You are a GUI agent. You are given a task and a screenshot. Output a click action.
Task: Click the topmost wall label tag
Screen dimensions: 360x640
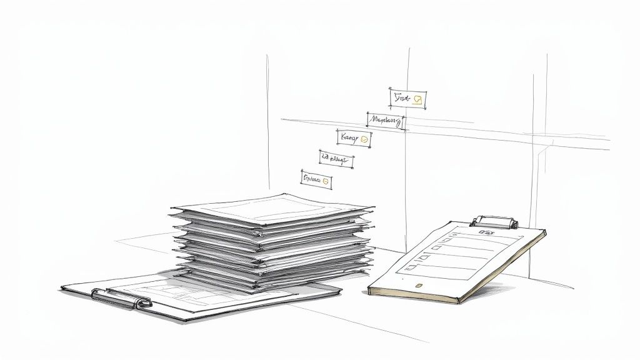click(x=409, y=99)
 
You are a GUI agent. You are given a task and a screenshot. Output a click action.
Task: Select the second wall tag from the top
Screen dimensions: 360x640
click(x=385, y=120)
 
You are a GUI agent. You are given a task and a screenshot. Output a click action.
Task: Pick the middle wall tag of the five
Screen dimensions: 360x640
click(x=354, y=139)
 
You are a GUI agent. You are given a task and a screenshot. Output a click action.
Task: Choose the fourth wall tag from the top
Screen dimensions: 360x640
click(x=336, y=160)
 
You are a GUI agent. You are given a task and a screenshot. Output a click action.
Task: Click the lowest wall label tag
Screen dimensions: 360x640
click(x=316, y=179)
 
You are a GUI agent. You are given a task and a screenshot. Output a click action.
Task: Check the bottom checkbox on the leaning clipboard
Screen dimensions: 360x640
click(x=410, y=267)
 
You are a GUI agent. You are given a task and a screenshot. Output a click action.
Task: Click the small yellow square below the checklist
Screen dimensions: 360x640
click(x=418, y=285)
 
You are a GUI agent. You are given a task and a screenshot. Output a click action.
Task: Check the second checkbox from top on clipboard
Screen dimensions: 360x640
click(x=436, y=248)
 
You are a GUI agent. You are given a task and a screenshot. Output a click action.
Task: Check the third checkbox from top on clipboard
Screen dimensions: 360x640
click(x=423, y=257)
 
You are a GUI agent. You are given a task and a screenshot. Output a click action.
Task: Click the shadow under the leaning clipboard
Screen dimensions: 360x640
click(x=500, y=289)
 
